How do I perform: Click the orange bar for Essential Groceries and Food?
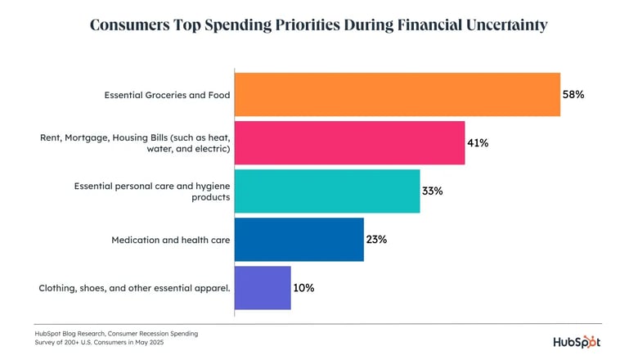(x=398, y=95)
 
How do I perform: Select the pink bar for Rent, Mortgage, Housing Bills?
(x=350, y=143)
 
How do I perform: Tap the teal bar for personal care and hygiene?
(x=327, y=191)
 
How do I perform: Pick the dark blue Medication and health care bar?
(x=299, y=240)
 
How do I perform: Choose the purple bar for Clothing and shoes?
(x=263, y=288)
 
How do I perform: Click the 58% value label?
(x=573, y=95)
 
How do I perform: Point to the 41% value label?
(x=478, y=143)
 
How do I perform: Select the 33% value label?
(x=433, y=191)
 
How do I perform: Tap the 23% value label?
(x=376, y=240)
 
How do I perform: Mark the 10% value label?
(x=303, y=288)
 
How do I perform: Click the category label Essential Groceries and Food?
(x=167, y=96)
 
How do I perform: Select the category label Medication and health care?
(x=170, y=241)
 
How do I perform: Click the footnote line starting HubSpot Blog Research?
(x=116, y=333)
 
